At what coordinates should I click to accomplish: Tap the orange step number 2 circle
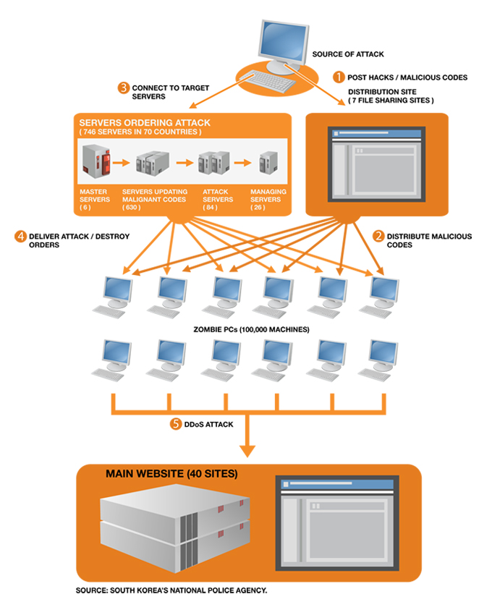[378, 236]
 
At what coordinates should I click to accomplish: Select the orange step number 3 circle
[124, 88]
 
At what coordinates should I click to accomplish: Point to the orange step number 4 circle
[21, 236]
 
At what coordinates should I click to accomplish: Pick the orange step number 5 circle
[175, 424]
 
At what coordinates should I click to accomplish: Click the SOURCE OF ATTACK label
[348, 54]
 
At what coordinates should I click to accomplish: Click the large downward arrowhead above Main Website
[247, 450]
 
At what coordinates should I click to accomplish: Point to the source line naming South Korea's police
[171, 590]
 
